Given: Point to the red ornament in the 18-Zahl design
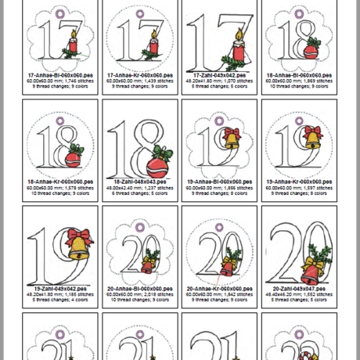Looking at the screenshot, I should tap(164, 167).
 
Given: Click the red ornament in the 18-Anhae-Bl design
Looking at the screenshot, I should tap(310, 51).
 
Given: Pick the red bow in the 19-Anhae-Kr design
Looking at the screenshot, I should tap(311, 131).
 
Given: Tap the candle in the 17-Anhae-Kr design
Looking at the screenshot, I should tap(152, 45).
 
